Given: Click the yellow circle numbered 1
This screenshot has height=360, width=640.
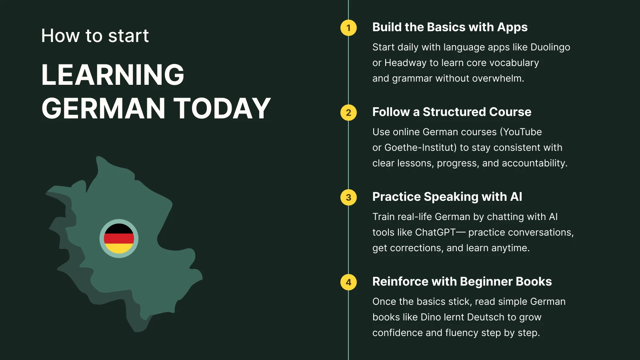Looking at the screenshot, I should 348,28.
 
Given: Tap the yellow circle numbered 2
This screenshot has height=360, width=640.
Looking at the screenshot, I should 348,112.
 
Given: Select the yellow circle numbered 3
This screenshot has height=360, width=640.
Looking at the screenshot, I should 348,197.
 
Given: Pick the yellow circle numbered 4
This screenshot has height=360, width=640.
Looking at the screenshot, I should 348,282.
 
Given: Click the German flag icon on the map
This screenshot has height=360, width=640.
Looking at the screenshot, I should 119,238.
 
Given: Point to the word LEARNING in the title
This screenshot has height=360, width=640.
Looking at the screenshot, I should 113,75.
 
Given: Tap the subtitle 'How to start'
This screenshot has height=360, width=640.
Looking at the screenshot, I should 95,36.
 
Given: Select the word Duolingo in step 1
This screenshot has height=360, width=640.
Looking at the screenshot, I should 550,47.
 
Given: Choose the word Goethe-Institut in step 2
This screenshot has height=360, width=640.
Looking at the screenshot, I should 420,148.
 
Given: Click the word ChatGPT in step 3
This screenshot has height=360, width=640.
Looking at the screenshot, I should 435,232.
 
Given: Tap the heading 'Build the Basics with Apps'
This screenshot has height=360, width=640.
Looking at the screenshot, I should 450,27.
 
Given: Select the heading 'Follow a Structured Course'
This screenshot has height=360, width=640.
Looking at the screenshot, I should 452,112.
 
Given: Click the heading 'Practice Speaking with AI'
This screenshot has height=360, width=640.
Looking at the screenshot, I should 447,197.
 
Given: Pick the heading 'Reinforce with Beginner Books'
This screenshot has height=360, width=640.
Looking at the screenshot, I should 462,282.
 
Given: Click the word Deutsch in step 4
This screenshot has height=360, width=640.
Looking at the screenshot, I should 486,317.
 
